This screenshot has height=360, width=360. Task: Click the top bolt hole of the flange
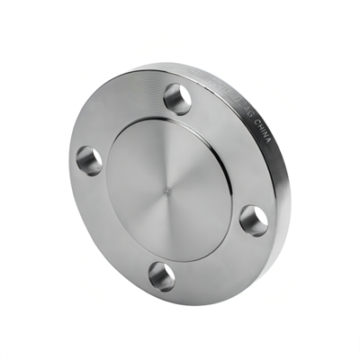(x=178, y=98)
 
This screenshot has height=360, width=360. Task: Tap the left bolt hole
(x=89, y=160)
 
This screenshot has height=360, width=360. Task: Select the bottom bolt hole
(x=162, y=274)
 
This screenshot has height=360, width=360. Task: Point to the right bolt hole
(x=255, y=220)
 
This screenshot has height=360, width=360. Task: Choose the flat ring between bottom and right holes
(x=216, y=261)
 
